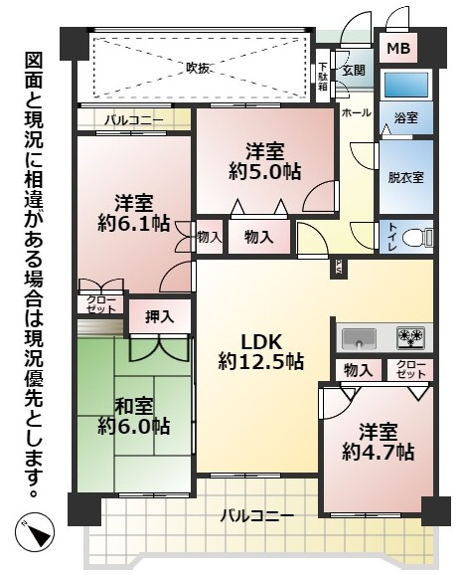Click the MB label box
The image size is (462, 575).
(396, 49)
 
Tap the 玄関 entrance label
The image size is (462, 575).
(354, 70)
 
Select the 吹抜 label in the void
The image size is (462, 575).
(199, 68)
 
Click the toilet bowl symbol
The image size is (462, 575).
(424, 238)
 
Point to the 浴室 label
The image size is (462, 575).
(405, 117)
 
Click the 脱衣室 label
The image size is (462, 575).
(405, 178)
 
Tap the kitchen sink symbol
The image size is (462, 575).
(360, 334)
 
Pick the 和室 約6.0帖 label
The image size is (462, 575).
(133, 415)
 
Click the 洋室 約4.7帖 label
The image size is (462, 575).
(379, 440)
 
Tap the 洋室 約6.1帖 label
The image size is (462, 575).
(133, 209)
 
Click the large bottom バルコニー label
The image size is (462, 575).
(256, 516)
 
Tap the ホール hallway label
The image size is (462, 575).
(355, 113)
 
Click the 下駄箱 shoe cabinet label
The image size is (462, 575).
(323, 73)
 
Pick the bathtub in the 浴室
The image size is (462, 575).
(405, 83)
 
